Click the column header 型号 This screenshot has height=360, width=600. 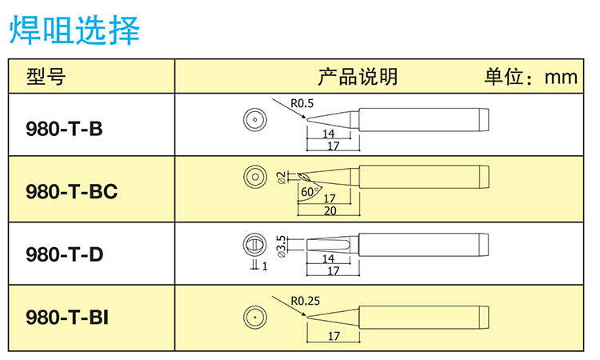pyautogui.click(x=46, y=77)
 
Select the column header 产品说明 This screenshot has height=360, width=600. pyautogui.click(x=358, y=77)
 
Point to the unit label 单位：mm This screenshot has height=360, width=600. pyautogui.click(x=530, y=77)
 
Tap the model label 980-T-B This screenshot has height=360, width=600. pyautogui.click(x=65, y=127)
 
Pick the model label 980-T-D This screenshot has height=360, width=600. pyautogui.click(x=65, y=254)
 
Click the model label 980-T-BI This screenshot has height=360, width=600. pyautogui.click(x=67, y=318)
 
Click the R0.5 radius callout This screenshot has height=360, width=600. pyautogui.click(x=302, y=103)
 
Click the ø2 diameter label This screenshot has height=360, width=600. pyautogui.click(x=280, y=177)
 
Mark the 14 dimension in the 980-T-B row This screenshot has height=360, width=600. pyautogui.click(x=328, y=134)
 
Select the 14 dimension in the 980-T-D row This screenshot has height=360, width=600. pyautogui.click(x=328, y=259)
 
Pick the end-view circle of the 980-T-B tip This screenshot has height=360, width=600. pyautogui.click(x=254, y=120)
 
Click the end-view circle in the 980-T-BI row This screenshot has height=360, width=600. pyautogui.click(x=254, y=316)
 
